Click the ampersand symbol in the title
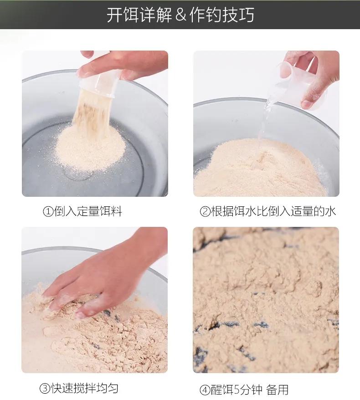[x=181, y=15]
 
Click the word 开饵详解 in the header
[x=139, y=15]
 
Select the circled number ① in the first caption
[x=48, y=211]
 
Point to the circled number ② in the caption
[x=205, y=211]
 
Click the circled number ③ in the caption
[x=45, y=388]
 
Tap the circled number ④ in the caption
[x=205, y=390]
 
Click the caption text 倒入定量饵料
[x=88, y=211]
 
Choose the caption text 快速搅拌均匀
[x=85, y=388]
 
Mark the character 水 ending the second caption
[x=331, y=211]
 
